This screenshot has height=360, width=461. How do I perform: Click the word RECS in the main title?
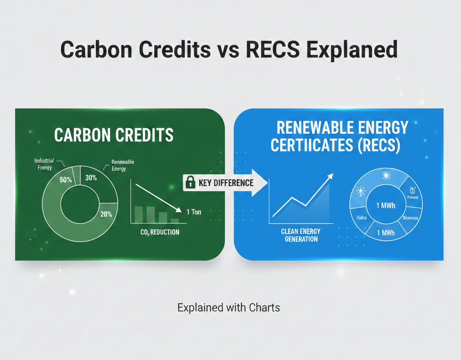pos(271,49)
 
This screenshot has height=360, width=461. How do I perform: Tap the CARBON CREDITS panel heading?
pos(113,135)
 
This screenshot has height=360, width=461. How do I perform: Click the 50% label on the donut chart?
pos(66,179)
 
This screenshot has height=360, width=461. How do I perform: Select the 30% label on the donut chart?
pos(91,177)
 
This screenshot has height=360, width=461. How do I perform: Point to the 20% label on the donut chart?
pos(106,214)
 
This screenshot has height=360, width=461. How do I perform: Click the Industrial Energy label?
pos(44,164)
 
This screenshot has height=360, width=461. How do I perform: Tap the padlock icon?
pos(190,183)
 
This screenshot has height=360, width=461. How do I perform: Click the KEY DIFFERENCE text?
pos(226,183)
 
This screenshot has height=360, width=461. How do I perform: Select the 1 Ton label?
pos(194,211)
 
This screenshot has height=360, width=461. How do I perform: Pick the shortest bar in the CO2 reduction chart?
pos(174,220)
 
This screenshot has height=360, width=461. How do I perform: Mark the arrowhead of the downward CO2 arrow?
pos(180,210)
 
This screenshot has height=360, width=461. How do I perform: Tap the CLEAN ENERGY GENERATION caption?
pos(301,235)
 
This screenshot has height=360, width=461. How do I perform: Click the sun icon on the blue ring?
pos(386,175)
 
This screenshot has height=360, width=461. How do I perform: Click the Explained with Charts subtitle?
pos(229,308)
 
